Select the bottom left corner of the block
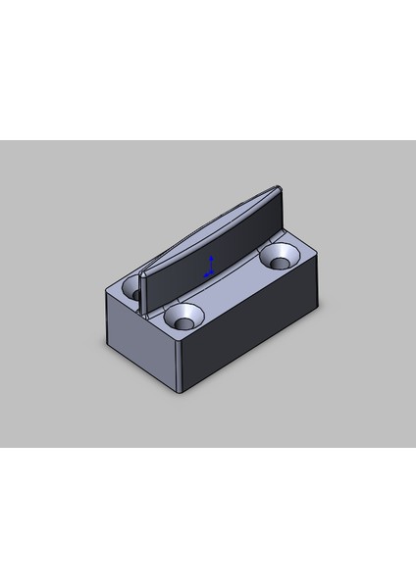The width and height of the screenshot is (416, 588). click(108, 346)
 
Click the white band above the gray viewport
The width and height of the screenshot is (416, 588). click(208, 69)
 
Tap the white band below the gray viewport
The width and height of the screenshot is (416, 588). click(208, 519)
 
